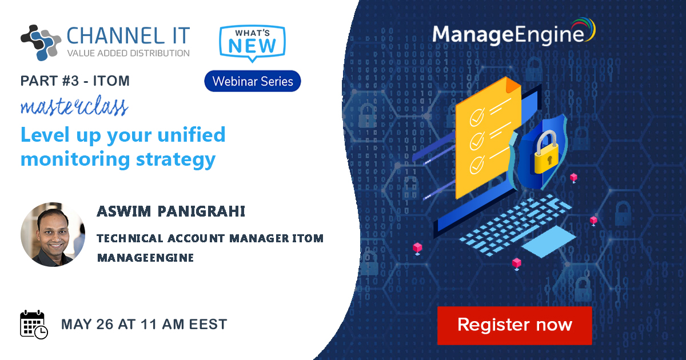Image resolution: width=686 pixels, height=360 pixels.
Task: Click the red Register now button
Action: click(514, 325)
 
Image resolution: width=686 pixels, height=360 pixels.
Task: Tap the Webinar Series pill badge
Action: click(253, 81)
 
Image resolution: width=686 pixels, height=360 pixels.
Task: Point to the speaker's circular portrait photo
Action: click(53, 234)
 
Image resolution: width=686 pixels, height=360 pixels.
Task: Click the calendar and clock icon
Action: click(34, 325)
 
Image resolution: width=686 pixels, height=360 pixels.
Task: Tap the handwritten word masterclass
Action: click(74, 106)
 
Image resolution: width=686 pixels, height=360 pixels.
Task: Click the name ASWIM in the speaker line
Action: click(124, 211)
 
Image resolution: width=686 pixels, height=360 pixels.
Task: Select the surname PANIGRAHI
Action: click(201, 211)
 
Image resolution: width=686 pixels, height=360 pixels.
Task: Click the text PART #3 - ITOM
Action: click(75, 81)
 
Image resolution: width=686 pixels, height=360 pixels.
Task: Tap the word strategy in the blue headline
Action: click(176, 160)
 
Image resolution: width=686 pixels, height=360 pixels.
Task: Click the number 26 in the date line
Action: click(105, 325)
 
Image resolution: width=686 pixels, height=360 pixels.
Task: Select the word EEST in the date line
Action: click(208, 325)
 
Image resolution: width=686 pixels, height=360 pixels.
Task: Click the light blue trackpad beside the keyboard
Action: click(548, 242)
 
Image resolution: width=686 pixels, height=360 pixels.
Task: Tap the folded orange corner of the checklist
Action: click(512, 85)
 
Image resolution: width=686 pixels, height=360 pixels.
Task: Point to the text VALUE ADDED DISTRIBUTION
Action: click(128, 53)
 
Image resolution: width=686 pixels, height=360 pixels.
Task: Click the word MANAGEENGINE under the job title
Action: click(145, 258)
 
